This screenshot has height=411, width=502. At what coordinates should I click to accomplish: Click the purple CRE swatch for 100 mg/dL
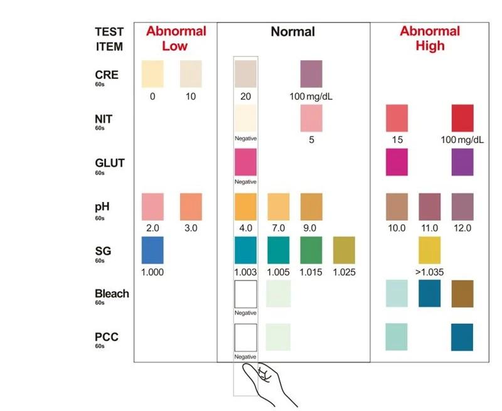click(x=311, y=73)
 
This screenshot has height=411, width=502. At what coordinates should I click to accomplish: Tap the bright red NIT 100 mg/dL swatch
click(x=462, y=118)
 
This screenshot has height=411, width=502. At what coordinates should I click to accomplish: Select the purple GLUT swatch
click(x=462, y=162)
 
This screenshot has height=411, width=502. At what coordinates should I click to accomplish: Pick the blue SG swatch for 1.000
click(x=152, y=250)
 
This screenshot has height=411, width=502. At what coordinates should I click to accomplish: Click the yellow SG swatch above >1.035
click(x=429, y=250)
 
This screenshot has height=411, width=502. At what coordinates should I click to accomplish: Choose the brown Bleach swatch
click(x=462, y=294)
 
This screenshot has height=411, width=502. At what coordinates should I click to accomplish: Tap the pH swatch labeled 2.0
click(x=152, y=207)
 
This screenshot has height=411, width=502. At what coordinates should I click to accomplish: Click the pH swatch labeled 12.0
click(x=462, y=207)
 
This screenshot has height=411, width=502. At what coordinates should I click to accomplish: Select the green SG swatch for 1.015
click(x=311, y=250)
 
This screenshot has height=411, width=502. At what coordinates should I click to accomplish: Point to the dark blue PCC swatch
click(x=462, y=337)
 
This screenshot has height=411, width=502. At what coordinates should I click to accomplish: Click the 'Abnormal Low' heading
click(x=176, y=38)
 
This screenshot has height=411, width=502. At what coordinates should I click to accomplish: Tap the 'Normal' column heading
click(x=292, y=32)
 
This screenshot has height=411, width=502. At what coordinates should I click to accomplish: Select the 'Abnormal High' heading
click(x=430, y=38)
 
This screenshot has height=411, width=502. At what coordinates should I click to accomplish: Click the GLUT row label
click(x=109, y=163)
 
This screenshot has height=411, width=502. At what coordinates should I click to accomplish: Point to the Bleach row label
click(x=112, y=294)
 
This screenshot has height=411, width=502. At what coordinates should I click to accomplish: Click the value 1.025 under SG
click(x=344, y=272)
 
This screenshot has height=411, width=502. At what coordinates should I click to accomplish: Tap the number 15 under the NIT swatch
click(x=397, y=140)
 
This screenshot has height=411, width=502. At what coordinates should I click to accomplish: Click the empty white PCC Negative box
click(x=245, y=338)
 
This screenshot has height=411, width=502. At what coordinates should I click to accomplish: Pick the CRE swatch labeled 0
click(x=152, y=73)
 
